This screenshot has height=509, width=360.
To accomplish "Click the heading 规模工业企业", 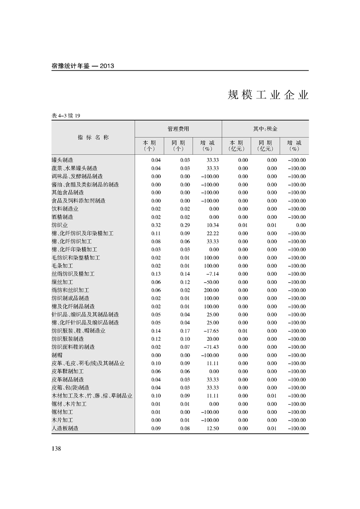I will click(x=268, y=96).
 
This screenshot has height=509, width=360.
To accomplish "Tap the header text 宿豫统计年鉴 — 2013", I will click(x=83, y=66).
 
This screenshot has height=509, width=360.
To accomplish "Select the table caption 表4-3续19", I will click(x=66, y=116).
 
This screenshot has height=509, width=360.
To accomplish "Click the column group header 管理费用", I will click(x=178, y=129).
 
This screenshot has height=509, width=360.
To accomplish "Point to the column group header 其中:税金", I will click(x=265, y=129).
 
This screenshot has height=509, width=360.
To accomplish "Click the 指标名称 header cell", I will click(x=93, y=137).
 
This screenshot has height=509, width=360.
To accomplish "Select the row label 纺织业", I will click(x=60, y=225).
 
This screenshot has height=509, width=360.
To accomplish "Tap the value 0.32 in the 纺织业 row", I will click(x=156, y=225).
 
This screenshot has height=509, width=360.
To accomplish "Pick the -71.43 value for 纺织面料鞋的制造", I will click(x=211, y=347).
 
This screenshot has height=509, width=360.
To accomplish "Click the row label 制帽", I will click(x=57, y=355).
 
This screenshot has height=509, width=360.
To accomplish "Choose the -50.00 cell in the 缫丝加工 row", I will click(x=211, y=282).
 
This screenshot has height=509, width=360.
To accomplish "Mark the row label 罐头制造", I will click(x=63, y=160).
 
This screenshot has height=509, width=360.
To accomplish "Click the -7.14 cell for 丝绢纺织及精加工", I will click(x=212, y=274).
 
